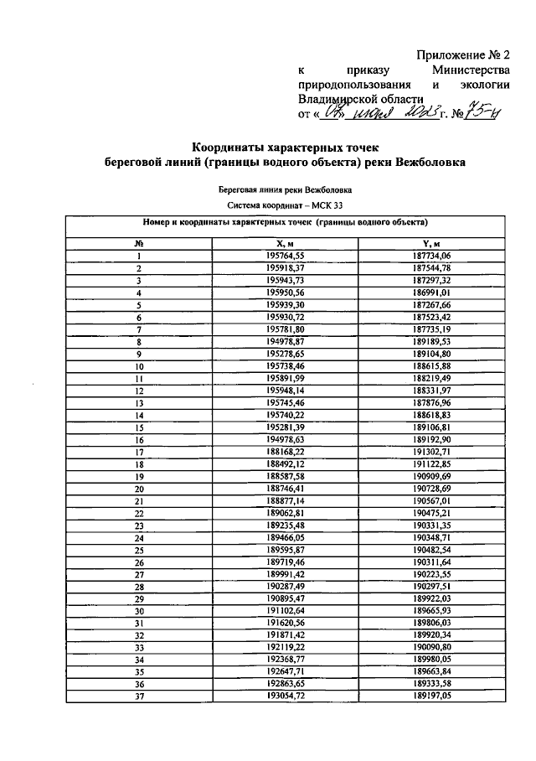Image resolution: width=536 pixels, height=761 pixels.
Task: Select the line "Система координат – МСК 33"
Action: click(285, 204)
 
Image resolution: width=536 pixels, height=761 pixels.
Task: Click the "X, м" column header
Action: click(285, 243)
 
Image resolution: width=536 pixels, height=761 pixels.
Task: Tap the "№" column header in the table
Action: click(139, 243)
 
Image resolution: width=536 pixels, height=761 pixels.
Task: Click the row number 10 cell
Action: click(139, 367)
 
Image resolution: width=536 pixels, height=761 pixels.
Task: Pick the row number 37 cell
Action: click(139, 696)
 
